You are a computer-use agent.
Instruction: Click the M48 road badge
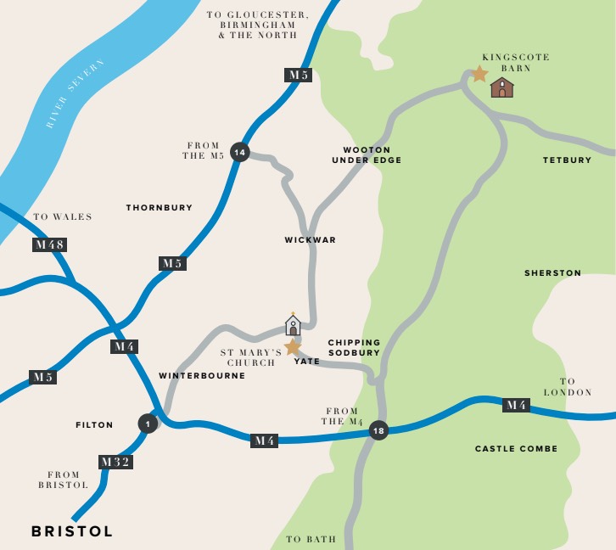coord(49,244)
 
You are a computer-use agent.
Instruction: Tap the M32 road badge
coord(115,462)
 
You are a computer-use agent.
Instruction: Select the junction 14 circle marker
coord(240,152)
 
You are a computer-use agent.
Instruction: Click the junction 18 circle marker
coord(379,431)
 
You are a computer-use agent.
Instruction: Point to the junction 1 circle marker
coord(148,423)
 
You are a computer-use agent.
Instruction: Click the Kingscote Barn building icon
coord(502,87)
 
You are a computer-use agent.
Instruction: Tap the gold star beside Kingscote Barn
coord(479,74)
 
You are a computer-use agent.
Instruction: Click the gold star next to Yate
coord(293,346)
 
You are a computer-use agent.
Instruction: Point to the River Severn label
coord(76,94)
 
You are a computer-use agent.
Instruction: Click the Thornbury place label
coord(160,207)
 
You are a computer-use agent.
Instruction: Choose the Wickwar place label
coord(311,240)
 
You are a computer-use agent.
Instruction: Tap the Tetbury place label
coord(567,160)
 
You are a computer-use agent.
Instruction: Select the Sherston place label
coord(552,273)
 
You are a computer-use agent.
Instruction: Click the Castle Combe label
coord(516,448)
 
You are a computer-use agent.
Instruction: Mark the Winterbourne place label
coord(202,375)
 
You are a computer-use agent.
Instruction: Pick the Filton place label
coord(94,424)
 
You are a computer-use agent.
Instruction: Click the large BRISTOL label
coord(72,531)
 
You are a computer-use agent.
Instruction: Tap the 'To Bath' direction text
coord(311,539)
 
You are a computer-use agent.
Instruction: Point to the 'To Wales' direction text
coord(63,217)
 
